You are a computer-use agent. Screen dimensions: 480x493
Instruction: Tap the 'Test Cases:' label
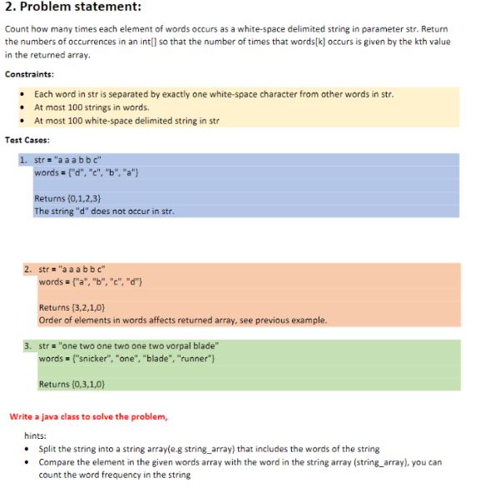click(30, 140)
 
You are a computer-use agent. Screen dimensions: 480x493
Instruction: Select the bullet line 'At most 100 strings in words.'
click(92, 107)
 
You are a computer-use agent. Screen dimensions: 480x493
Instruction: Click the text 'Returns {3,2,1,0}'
click(72, 308)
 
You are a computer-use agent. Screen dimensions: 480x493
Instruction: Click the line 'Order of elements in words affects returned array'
click(181, 321)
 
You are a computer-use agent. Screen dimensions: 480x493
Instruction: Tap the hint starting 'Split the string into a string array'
click(209, 449)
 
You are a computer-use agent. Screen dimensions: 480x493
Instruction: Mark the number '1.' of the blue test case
click(24, 160)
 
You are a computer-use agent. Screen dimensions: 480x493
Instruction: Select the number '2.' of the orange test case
click(29, 270)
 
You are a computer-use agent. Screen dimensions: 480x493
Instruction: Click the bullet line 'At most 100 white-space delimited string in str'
click(126, 121)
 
